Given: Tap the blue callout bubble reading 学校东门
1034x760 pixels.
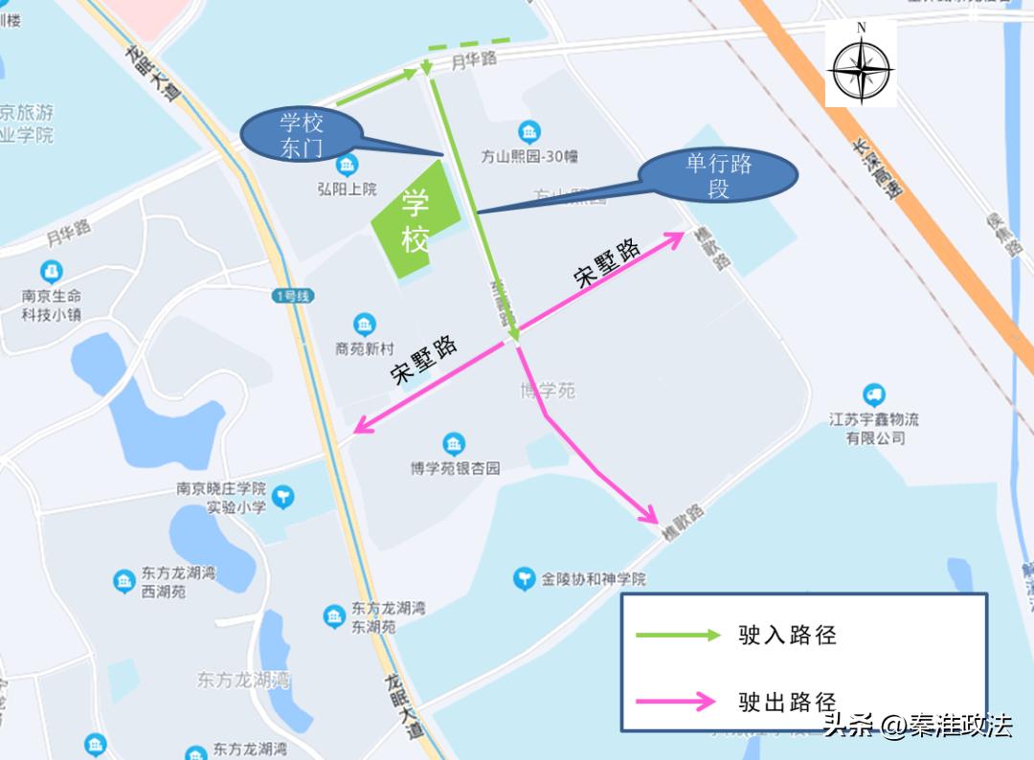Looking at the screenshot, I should pos(302,135).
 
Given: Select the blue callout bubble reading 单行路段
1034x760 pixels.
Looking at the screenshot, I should pos(718,176).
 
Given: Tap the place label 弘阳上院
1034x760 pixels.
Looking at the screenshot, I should pos(346,189).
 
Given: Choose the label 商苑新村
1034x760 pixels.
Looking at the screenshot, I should pos(365,348).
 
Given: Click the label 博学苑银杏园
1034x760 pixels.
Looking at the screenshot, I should pos(455,468).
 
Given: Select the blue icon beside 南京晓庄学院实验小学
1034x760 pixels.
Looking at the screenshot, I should pos(282,496).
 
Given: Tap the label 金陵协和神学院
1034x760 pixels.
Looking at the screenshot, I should pos(594,579).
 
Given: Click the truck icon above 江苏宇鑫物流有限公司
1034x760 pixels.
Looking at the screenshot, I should pos(873,394).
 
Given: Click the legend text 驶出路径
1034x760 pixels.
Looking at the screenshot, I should pos(787,702).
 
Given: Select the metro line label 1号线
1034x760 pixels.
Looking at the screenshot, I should pos(291,297).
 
